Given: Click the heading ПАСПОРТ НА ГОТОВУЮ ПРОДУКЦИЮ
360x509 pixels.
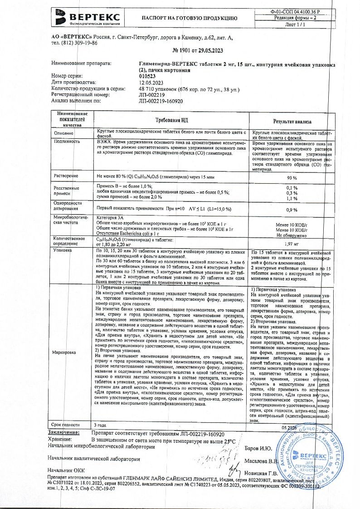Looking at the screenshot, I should (189, 19).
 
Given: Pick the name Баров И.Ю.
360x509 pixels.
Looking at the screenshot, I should (258, 448).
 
